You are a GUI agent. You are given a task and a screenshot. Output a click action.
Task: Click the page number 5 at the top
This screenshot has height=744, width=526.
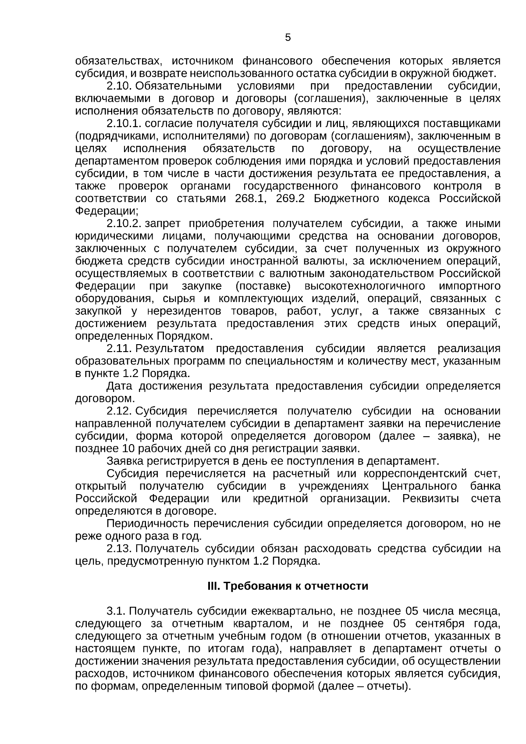coord(288,38)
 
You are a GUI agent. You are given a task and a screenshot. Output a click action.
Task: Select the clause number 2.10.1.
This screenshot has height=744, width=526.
coord(124,124)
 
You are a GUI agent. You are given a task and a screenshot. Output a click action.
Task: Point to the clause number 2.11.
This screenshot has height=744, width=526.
coord(119,349)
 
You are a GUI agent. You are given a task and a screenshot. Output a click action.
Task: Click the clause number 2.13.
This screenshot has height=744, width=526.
coord(119,548)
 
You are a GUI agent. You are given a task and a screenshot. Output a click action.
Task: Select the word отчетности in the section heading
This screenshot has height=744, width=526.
coord(343,586)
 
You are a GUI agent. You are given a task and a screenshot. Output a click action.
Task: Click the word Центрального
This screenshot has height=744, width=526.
coord(420,486)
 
